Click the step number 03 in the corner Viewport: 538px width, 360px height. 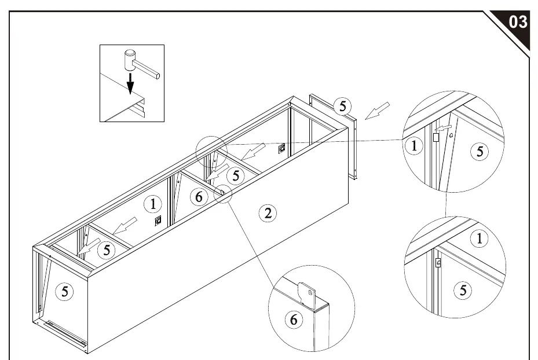518,21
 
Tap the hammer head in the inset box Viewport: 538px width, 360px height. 130,60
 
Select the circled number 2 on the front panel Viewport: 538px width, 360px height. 268,213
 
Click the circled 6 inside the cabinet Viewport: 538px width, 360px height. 199,197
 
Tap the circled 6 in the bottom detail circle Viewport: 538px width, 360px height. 294,319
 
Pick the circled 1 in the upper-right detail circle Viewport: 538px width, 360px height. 414,146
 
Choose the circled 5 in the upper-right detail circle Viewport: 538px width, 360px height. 480,151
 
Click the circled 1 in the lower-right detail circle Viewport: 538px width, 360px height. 480,238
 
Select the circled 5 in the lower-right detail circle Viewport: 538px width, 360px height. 463,290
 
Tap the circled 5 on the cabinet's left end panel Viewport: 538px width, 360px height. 64,292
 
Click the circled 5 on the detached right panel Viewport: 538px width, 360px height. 343,106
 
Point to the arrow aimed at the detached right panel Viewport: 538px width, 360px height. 377,111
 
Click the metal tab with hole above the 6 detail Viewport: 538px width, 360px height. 307,293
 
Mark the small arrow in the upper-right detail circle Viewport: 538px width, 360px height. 442,128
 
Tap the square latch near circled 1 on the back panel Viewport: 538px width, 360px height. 158,221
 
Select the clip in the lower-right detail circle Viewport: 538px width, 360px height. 438,263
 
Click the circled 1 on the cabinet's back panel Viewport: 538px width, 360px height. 153,204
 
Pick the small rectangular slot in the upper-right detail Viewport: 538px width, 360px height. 436,137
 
